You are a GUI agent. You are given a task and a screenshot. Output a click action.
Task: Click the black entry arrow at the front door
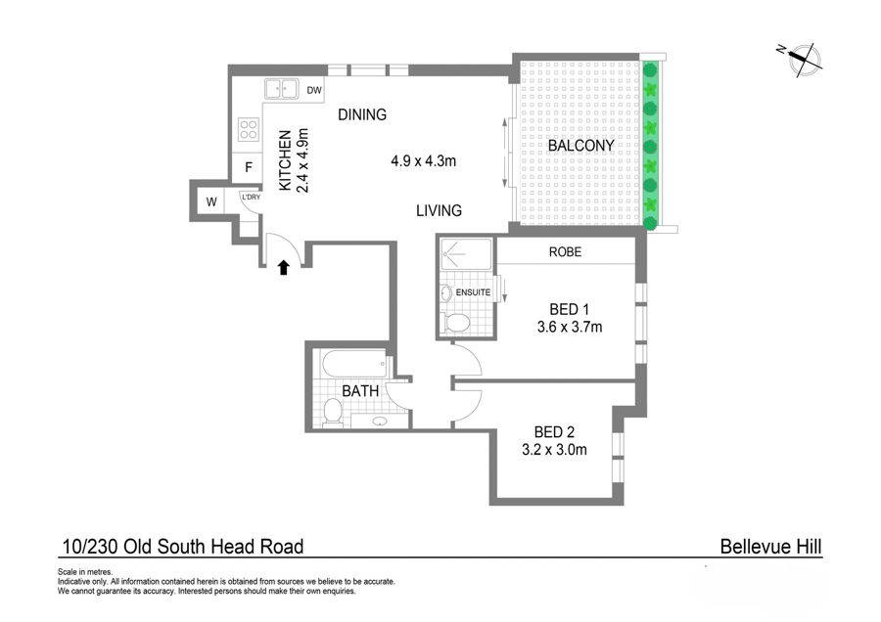point(284,267)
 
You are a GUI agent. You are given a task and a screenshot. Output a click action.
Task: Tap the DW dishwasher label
point(314,90)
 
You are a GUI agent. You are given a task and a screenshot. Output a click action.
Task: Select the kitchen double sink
point(282,89)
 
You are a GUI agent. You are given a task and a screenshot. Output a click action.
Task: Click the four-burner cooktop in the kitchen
point(249,129)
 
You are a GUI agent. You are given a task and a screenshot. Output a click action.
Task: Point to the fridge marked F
point(249,167)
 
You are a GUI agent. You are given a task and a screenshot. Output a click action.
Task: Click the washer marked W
point(211,201)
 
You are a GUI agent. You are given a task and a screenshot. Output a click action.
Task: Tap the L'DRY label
point(252,197)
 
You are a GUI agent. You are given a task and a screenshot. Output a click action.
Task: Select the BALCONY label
point(580,146)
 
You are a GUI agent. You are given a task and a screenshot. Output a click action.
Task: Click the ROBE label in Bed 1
point(565,252)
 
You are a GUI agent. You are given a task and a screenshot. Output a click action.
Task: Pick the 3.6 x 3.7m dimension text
point(570,327)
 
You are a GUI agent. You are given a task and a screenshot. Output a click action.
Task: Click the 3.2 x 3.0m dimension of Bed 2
point(555,450)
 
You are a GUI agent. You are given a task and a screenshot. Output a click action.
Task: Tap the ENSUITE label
point(473,292)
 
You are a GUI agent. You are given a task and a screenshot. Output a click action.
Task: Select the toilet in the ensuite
point(456,324)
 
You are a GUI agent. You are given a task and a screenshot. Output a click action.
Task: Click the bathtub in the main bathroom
point(355,365)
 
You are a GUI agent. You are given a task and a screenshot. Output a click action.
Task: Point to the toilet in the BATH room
point(333,413)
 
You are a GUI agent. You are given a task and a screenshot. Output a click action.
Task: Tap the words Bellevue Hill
point(771,547)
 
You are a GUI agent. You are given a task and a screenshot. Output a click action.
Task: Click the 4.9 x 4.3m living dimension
point(424,161)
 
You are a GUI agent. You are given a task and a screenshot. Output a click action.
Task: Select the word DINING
point(362,114)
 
